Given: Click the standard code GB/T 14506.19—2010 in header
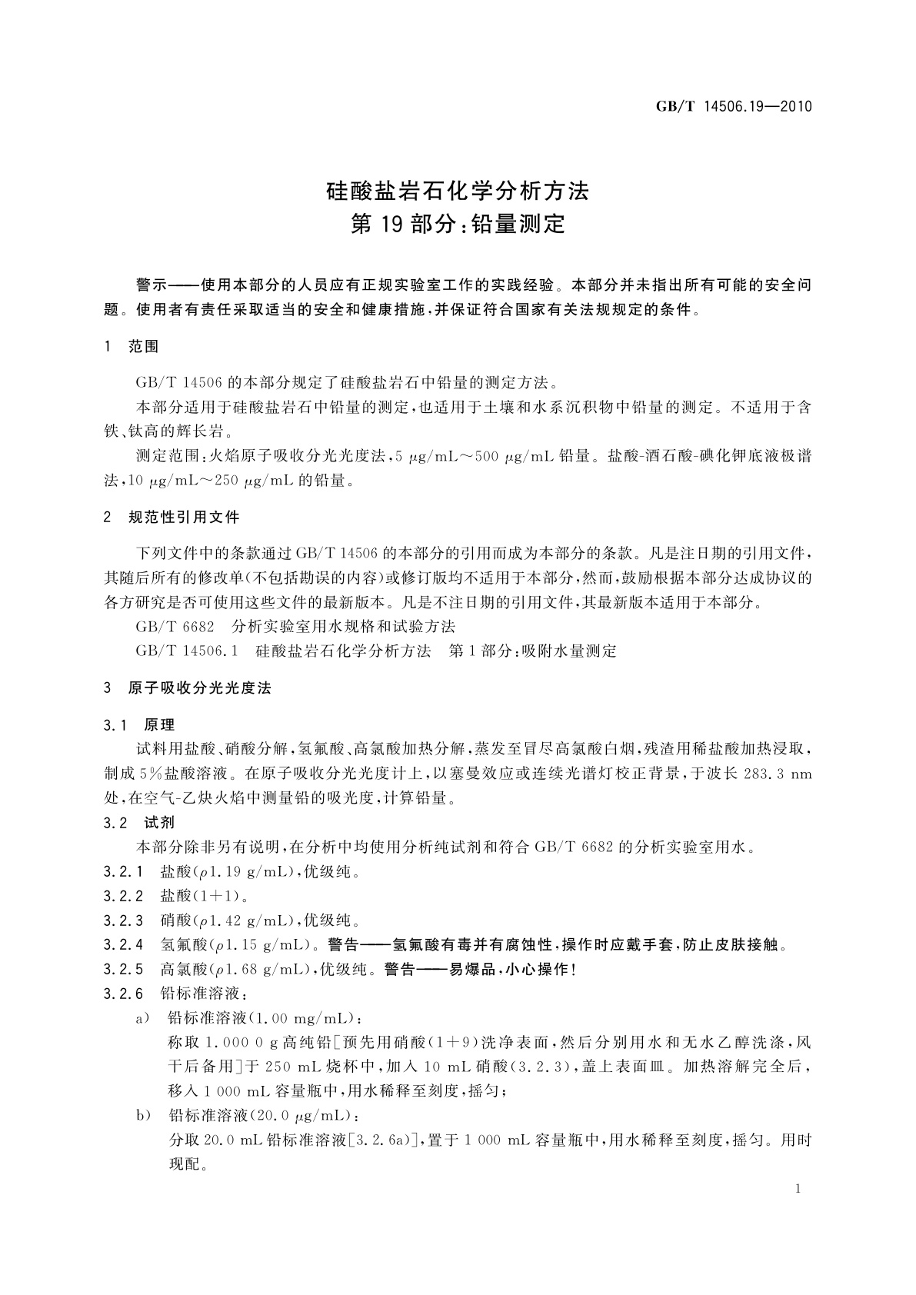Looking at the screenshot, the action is [734, 108].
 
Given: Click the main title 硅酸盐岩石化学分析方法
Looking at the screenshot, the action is [458, 190].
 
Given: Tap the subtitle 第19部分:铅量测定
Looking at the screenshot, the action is [458, 224].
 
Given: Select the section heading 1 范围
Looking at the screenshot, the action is [132, 347].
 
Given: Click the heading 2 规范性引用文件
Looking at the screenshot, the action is [172, 518].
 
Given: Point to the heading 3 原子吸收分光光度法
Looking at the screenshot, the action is [188, 688].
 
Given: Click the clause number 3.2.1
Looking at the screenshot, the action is [124, 872].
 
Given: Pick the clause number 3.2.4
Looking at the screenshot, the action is [124, 945].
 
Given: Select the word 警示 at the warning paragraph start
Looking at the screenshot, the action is [151, 286].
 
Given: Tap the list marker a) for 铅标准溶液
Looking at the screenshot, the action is [142, 1018].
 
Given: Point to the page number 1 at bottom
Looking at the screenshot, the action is [798, 1189].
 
